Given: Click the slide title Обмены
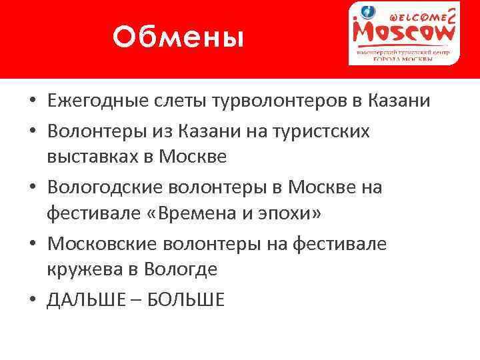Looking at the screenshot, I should tap(178, 37).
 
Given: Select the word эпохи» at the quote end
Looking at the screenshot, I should tap(294, 215).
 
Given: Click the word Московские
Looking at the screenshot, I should tap(98, 244).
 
